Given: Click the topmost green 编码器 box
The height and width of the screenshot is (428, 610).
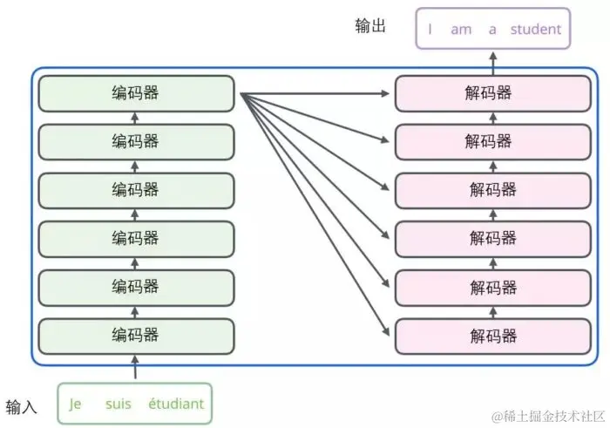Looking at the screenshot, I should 135,93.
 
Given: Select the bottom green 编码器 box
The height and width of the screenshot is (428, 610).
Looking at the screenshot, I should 135,336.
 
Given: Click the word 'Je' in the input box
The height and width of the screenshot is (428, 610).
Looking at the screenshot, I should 76,404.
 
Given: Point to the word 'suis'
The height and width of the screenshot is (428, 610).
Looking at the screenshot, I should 118,404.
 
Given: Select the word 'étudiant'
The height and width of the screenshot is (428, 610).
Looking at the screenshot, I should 176,404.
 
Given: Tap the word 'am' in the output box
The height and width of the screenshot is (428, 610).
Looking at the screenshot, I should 461,29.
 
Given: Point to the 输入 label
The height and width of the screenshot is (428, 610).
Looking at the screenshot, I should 22,406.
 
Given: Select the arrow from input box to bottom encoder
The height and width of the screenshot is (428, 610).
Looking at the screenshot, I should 135,368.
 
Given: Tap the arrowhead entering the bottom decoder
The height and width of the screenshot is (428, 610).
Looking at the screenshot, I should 388,333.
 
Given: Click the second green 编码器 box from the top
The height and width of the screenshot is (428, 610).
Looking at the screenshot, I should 135,141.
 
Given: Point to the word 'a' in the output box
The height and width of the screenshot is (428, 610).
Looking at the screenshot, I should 492,29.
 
